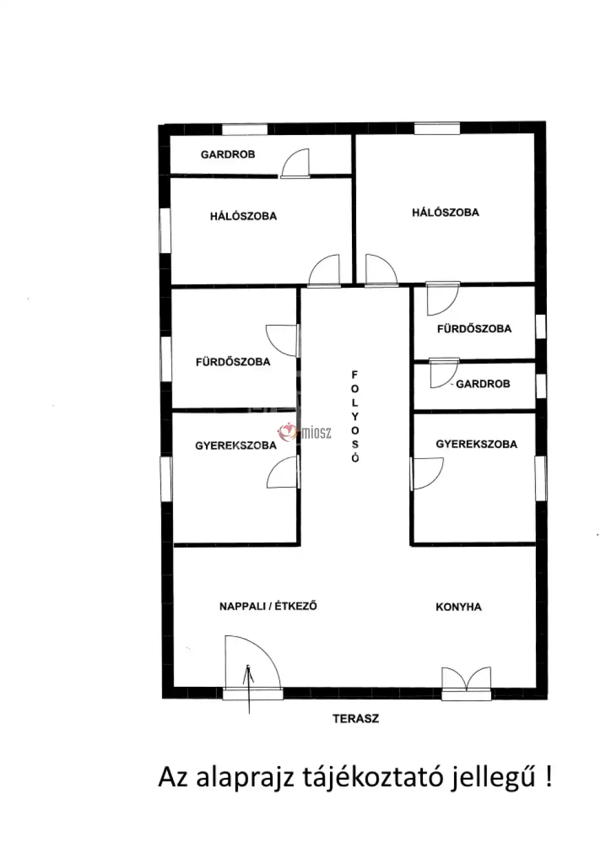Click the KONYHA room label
click(458, 607)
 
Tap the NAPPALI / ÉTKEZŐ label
click(268, 606)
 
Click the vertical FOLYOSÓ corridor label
click(355, 416)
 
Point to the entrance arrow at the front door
click(249, 689)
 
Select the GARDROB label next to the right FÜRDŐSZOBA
click(483, 384)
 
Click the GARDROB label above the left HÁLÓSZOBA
click(228, 154)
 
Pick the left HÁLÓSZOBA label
click(243, 216)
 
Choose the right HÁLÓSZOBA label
click(445, 212)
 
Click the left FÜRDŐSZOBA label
click(233, 362)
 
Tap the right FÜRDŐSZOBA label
click(475, 329)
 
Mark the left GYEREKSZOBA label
click(236, 445)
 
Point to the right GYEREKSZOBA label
click(477, 444)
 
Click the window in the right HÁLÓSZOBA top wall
click(437, 128)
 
